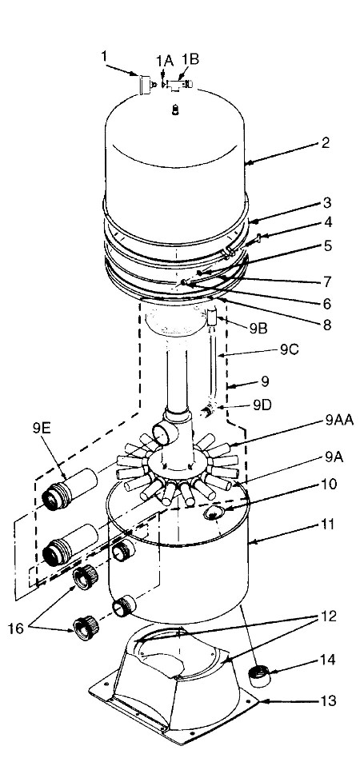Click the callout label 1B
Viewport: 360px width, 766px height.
[x=190, y=60]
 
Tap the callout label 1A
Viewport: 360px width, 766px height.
[x=164, y=60]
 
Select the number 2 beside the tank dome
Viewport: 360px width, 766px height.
[x=326, y=142]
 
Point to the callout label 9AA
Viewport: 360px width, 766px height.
[x=338, y=420]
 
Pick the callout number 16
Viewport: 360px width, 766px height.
[x=16, y=628]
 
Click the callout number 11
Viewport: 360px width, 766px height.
[x=328, y=525]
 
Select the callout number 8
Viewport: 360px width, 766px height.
[x=326, y=325]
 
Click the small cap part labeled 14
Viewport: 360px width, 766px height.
[x=259, y=676]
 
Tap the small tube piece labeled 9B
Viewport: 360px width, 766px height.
[x=211, y=318]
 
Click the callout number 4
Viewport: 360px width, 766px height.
[x=327, y=222]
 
